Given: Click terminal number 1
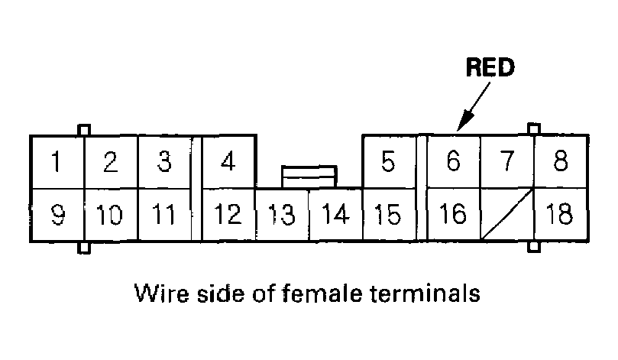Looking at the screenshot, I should tap(57, 162).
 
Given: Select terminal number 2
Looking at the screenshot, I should tap(110, 162).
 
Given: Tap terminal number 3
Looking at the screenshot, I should tap(163, 162).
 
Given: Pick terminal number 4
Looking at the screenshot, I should tap(228, 162).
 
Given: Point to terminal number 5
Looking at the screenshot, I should tap(388, 162).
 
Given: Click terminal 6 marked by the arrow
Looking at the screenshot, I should tap(452, 162).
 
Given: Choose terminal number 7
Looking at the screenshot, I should tap(506, 162).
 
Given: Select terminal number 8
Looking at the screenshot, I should tap(560, 162).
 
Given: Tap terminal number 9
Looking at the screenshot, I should tap(57, 215).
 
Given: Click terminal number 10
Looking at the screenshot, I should tap(110, 215).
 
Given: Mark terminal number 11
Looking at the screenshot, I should tap(163, 215).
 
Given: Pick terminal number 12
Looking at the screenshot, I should tap(228, 215).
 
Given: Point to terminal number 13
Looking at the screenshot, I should tap(282, 215).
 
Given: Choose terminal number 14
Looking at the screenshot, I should tap(335, 215).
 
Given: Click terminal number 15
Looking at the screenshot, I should tap(388, 215).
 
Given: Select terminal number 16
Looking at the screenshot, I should tap(452, 215).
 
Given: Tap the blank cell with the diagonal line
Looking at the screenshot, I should tap(506, 215).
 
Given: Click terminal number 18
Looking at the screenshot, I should tap(560, 215).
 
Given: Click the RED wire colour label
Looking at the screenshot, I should tap(491, 68).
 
